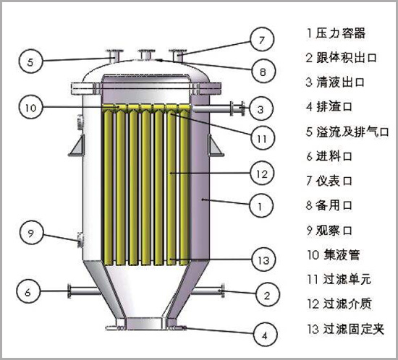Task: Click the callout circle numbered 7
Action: (262, 40)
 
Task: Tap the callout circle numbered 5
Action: (30, 61)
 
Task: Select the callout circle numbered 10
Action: (30, 108)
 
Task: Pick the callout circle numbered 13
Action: (263, 260)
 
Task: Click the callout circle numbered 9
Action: (31, 233)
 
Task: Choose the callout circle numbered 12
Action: (262, 173)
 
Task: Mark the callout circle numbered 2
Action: (267, 295)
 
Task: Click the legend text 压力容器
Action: (340, 33)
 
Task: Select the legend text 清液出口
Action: (340, 82)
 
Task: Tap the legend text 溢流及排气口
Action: (352, 132)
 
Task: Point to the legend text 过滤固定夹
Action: (353, 329)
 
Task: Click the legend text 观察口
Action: (334, 230)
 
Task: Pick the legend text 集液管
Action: (342, 254)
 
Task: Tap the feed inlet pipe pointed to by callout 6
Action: (84, 291)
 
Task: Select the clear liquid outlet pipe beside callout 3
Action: (219, 108)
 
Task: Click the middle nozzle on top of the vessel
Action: (145, 55)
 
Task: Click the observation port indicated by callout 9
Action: (80, 239)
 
